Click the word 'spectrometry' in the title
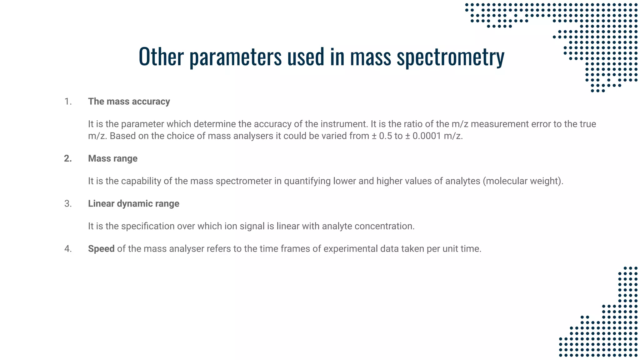[450, 57]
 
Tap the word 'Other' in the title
[161, 56]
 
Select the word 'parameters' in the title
[236, 57]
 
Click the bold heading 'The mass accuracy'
[129, 102]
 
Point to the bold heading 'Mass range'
[112, 158]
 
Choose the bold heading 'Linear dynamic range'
[133, 203]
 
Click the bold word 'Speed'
[101, 249]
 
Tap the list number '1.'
[68, 102]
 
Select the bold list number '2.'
[68, 158]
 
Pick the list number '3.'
[68, 203]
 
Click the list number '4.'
[68, 249]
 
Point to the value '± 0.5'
[382, 136]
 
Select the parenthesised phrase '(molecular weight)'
[523, 181]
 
